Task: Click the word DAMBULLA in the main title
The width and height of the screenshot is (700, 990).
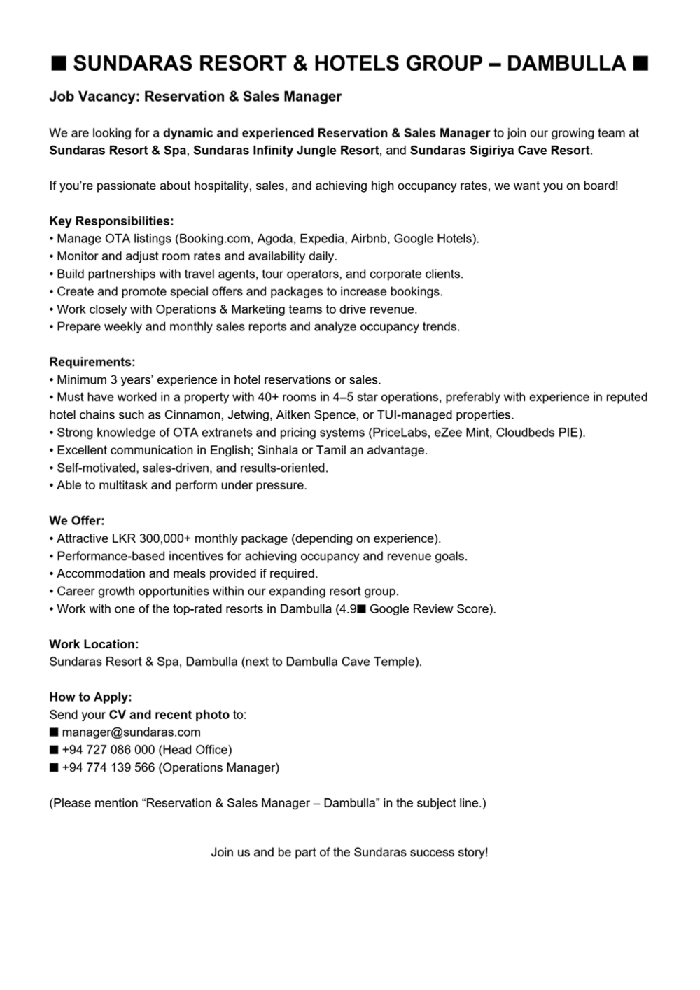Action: (x=566, y=64)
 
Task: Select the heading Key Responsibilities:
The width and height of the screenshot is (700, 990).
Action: (x=111, y=221)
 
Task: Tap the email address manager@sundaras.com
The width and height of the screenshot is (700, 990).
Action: (x=131, y=732)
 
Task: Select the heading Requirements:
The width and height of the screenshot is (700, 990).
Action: (x=92, y=362)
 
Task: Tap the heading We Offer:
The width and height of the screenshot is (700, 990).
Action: (x=77, y=521)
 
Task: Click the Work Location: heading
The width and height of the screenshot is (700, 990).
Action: (x=94, y=644)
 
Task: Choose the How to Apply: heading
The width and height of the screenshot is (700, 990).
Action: (x=90, y=697)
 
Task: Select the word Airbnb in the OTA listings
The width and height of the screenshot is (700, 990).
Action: (x=369, y=239)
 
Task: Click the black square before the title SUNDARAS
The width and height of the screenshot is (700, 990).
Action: (x=59, y=64)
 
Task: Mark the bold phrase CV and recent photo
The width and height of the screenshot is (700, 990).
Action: (x=169, y=715)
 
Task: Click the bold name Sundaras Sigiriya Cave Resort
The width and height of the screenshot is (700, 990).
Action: (x=500, y=151)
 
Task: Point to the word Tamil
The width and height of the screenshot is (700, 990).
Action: (x=332, y=450)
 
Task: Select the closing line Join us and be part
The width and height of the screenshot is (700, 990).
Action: (x=349, y=852)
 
